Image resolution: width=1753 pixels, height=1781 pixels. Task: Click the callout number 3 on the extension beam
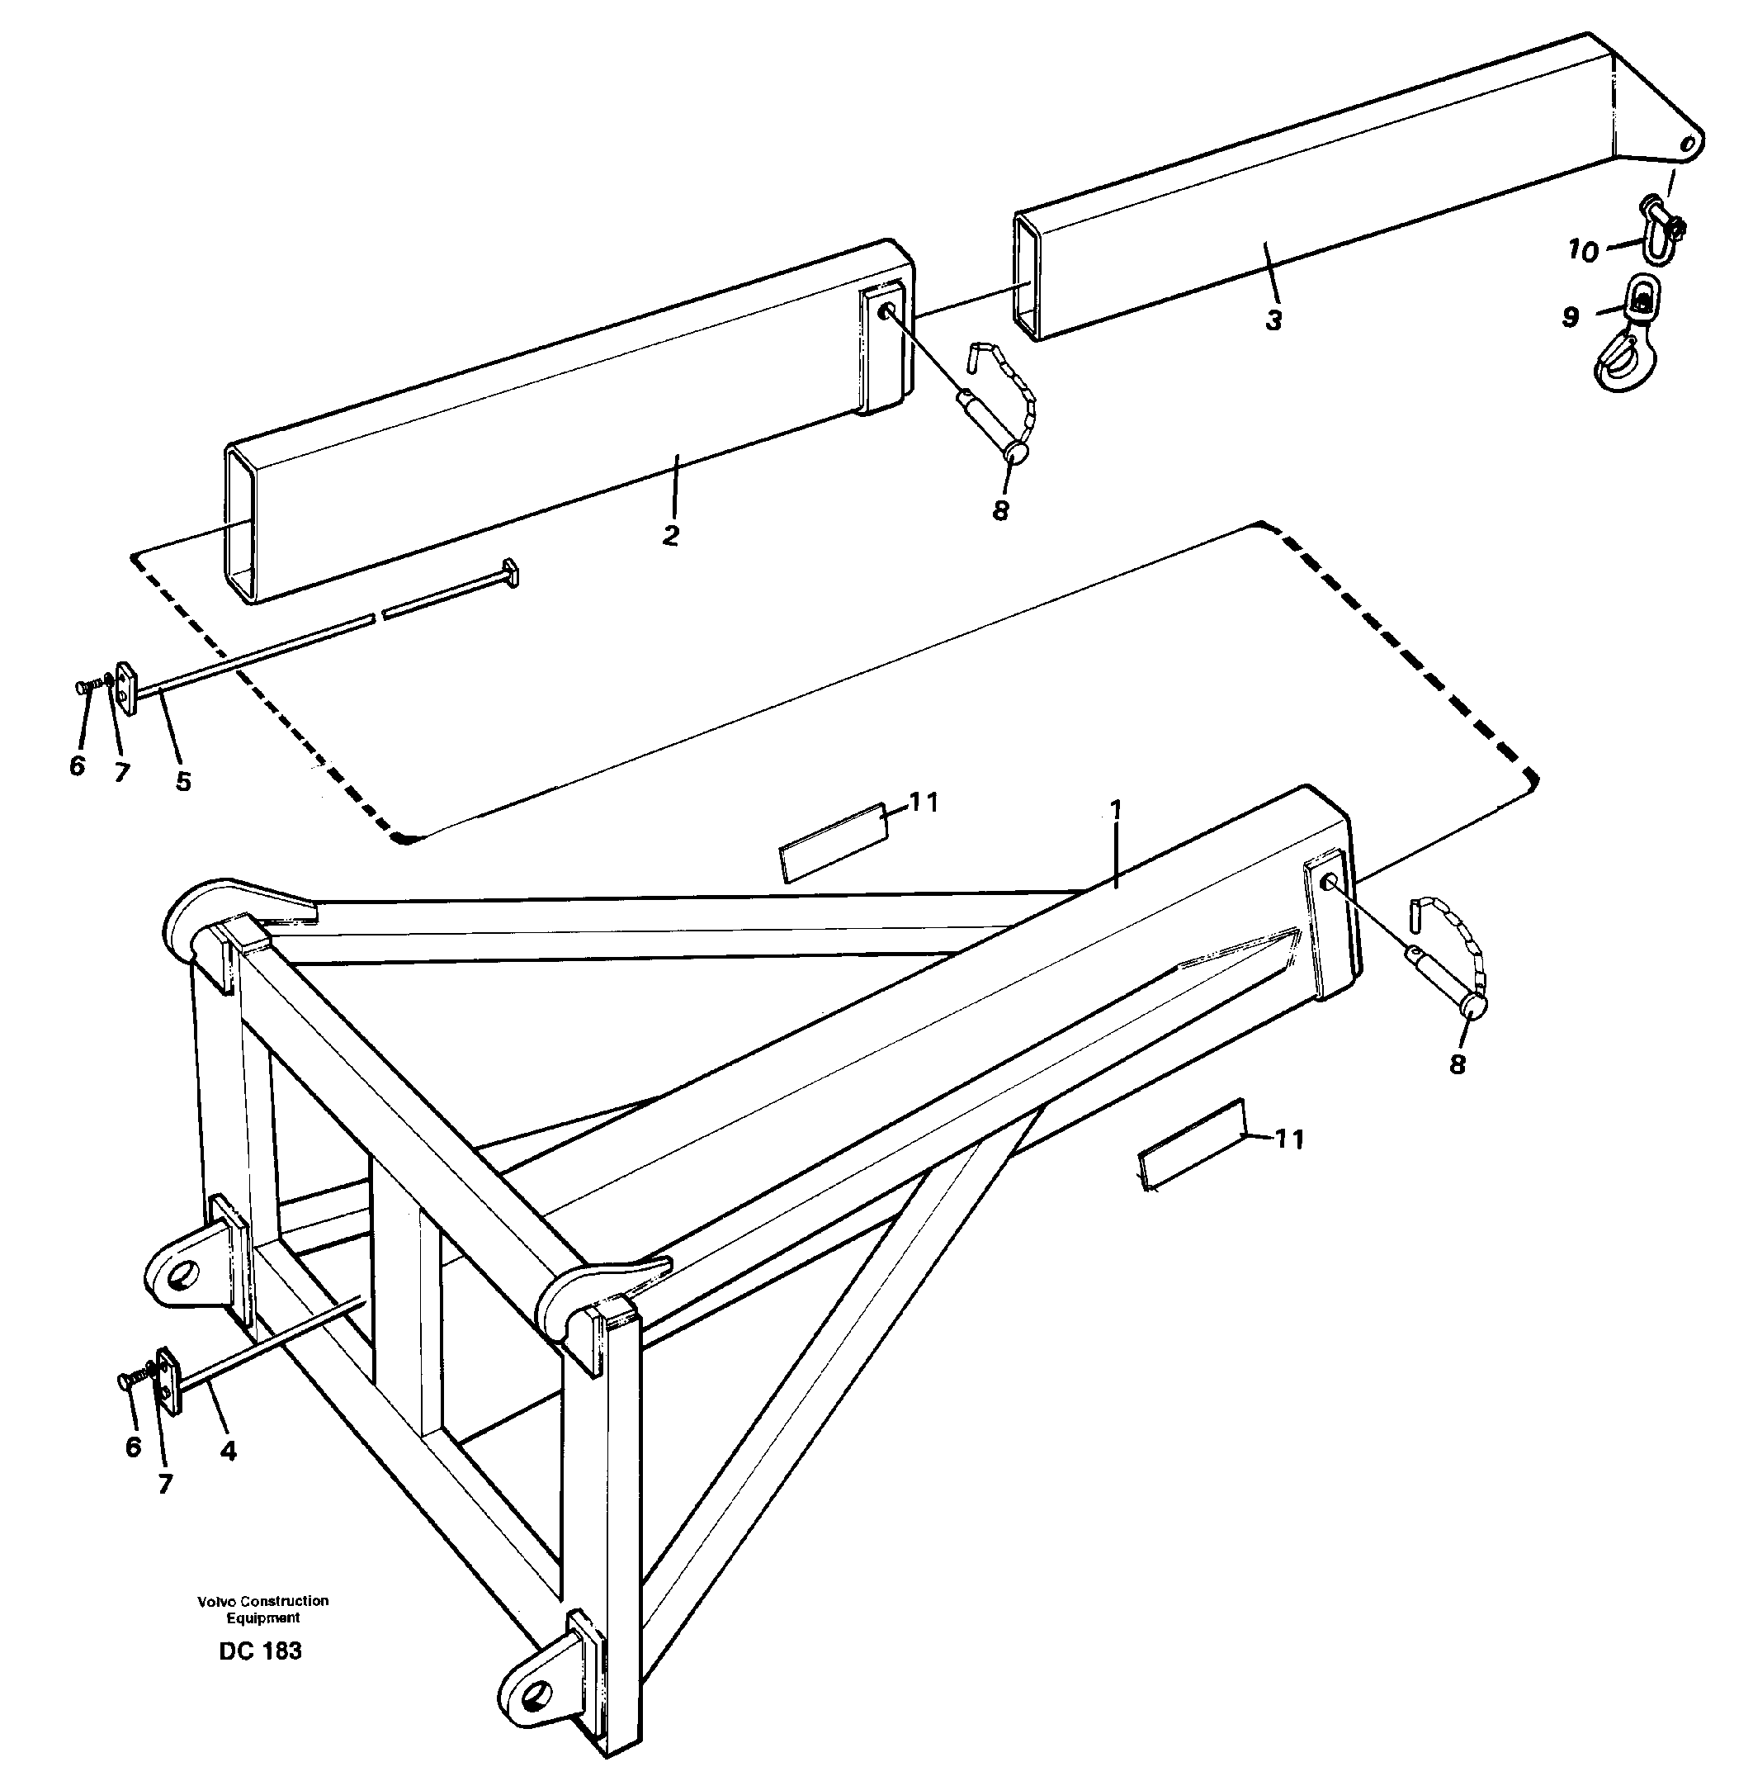coord(1273,321)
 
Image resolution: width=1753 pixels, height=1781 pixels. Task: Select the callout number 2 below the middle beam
coord(671,534)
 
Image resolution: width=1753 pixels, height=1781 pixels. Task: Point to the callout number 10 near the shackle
coord(1584,251)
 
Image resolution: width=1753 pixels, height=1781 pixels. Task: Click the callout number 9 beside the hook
coord(1571,317)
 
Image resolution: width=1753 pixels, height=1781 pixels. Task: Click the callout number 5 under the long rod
coord(184,781)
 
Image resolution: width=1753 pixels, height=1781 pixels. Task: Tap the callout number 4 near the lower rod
coord(229,1452)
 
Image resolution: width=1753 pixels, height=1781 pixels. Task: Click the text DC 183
coord(261,1651)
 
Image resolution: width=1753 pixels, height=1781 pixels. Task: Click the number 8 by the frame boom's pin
coord(1457,1064)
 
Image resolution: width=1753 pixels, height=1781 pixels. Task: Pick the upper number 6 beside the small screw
coord(78,765)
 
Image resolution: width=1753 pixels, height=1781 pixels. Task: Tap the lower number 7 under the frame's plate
coord(166,1484)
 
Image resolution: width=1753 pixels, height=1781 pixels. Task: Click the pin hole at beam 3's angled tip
coord(1688,144)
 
